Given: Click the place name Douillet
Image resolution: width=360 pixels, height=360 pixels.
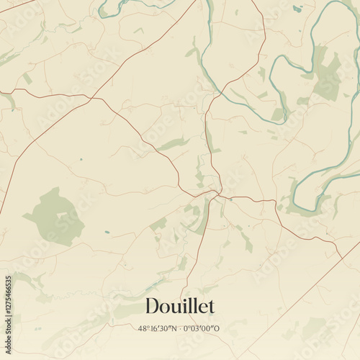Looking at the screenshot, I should click(180, 306).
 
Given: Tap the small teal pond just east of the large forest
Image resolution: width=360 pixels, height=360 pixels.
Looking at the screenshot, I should click(107, 232).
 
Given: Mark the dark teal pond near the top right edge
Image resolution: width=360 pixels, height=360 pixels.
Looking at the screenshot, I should click(297, 9).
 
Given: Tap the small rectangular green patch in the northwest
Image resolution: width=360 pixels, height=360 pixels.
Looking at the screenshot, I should click(27, 78).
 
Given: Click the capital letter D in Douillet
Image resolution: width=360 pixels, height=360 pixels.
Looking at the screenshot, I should click(152, 306).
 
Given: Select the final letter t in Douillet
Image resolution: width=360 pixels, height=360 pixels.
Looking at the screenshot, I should click(211, 306).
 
